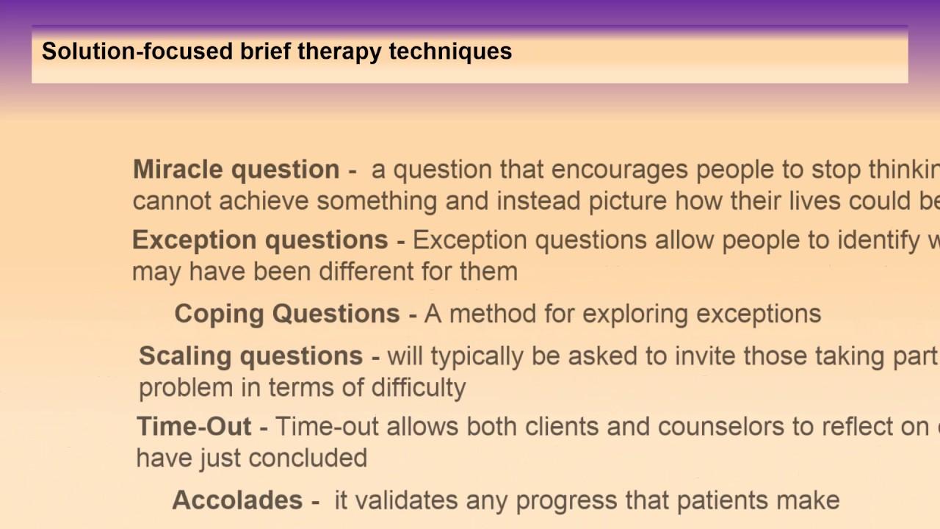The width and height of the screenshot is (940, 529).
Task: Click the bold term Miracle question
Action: [x=236, y=170]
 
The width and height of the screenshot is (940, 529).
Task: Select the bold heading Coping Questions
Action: [x=287, y=314]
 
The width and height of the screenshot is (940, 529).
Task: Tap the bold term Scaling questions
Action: [x=250, y=356]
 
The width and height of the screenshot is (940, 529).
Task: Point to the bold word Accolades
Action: [x=237, y=500]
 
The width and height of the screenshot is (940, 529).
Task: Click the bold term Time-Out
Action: [x=194, y=427]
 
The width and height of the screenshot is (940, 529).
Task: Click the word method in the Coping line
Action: [x=485, y=314]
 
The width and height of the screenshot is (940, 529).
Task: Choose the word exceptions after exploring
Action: [x=759, y=314]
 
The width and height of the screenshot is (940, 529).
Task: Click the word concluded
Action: [x=308, y=458]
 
